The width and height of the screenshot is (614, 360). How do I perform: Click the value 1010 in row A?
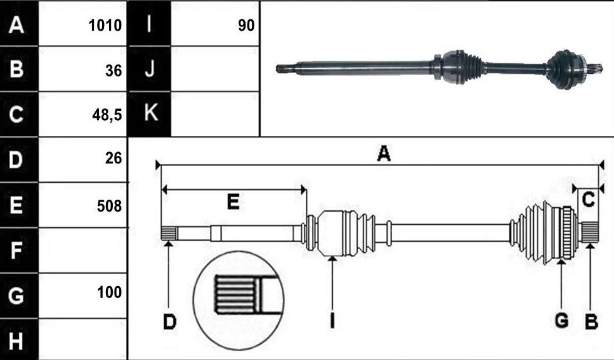[105, 26]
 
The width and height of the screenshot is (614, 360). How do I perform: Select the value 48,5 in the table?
[107, 115]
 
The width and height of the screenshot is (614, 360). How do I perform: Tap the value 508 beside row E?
[109, 206]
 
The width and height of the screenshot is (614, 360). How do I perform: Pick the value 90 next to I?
[246, 26]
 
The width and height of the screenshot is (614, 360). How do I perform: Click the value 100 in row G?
[109, 292]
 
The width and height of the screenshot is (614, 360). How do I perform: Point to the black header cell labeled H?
[19, 339]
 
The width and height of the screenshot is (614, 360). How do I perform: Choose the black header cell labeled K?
[150, 114]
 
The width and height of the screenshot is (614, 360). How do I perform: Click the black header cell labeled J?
[150, 69]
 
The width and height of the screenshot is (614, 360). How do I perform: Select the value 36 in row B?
[113, 70]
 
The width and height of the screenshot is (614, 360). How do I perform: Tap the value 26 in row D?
[113, 158]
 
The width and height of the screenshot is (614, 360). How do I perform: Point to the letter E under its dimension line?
[233, 202]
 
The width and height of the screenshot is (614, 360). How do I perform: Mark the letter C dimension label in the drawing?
[588, 200]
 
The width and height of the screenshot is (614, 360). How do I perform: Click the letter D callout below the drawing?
[170, 322]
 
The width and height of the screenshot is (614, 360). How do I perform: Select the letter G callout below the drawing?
[562, 321]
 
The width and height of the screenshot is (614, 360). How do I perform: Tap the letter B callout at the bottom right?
[591, 322]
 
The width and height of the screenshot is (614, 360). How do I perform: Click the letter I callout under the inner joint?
[332, 321]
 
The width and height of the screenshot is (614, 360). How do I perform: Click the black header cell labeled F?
[19, 250]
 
